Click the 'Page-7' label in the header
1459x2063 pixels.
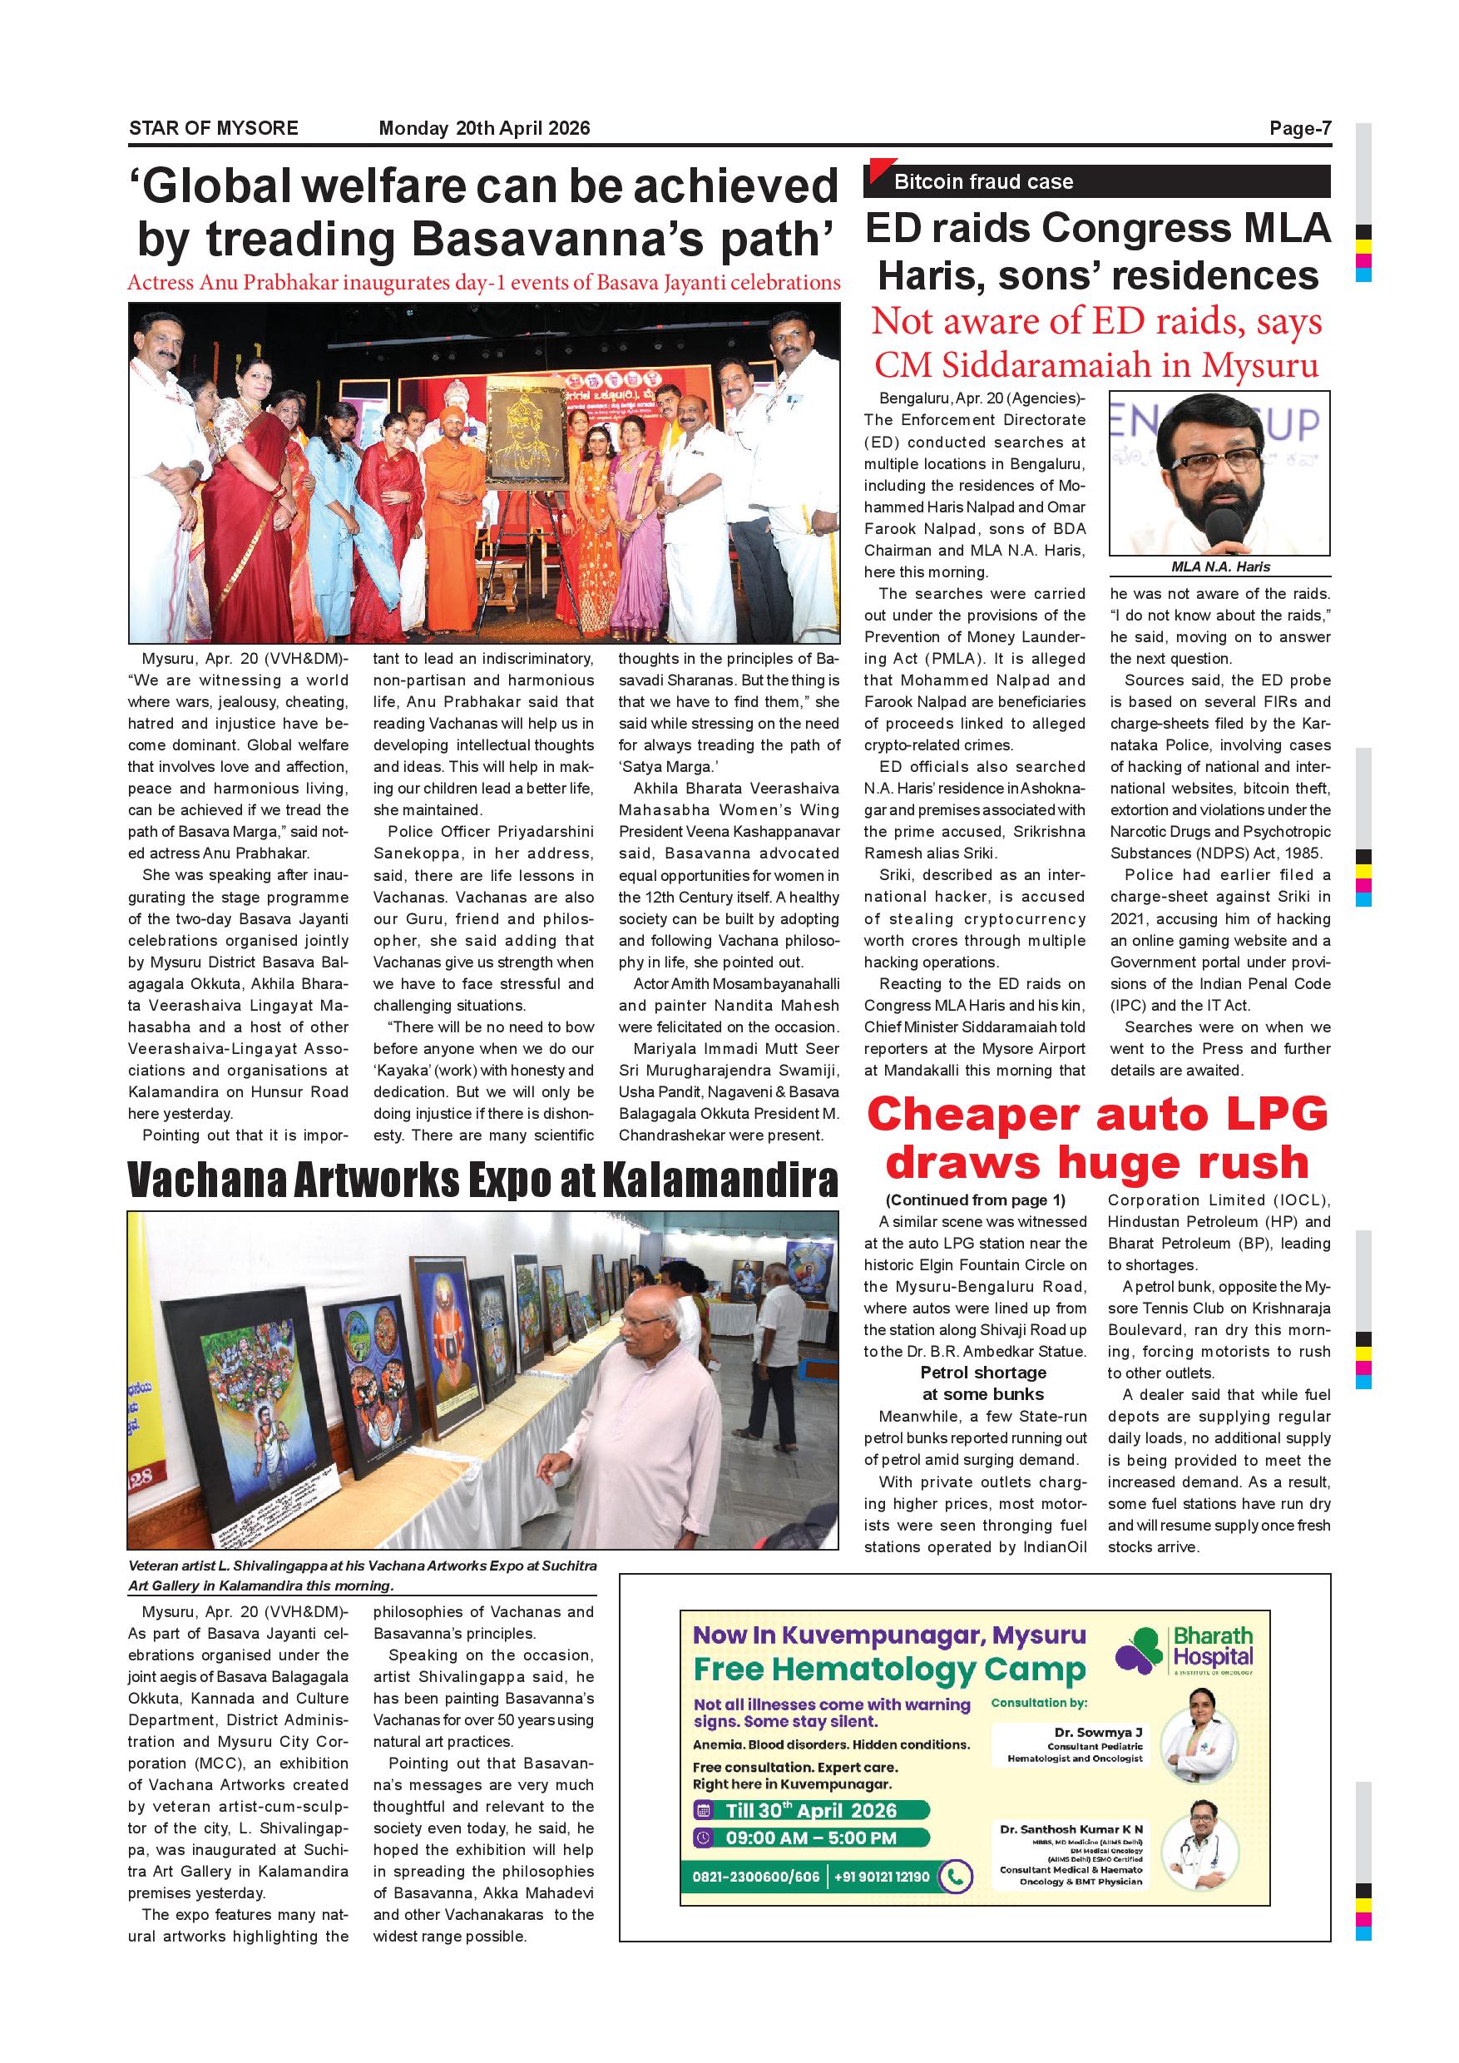pyautogui.click(x=1299, y=128)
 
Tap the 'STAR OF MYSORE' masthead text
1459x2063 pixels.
pyautogui.click(x=213, y=128)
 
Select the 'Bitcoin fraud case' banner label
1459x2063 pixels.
pyautogui.click(x=983, y=182)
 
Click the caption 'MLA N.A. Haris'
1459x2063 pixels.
pyautogui.click(x=1220, y=567)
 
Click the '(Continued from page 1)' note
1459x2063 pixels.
pyautogui.click(x=975, y=1200)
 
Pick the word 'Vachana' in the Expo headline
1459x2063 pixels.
pyautogui.click(x=215, y=1180)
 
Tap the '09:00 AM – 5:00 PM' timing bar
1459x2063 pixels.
pyautogui.click(x=810, y=1838)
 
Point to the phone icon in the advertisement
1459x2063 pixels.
pyautogui.click(x=955, y=1877)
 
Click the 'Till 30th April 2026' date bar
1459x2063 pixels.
pyautogui.click(x=810, y=1810)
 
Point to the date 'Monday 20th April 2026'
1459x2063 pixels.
pyautogui.click(x=484, y=128)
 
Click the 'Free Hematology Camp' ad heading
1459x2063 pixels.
pyautogui.click(x=888, y=1670)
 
